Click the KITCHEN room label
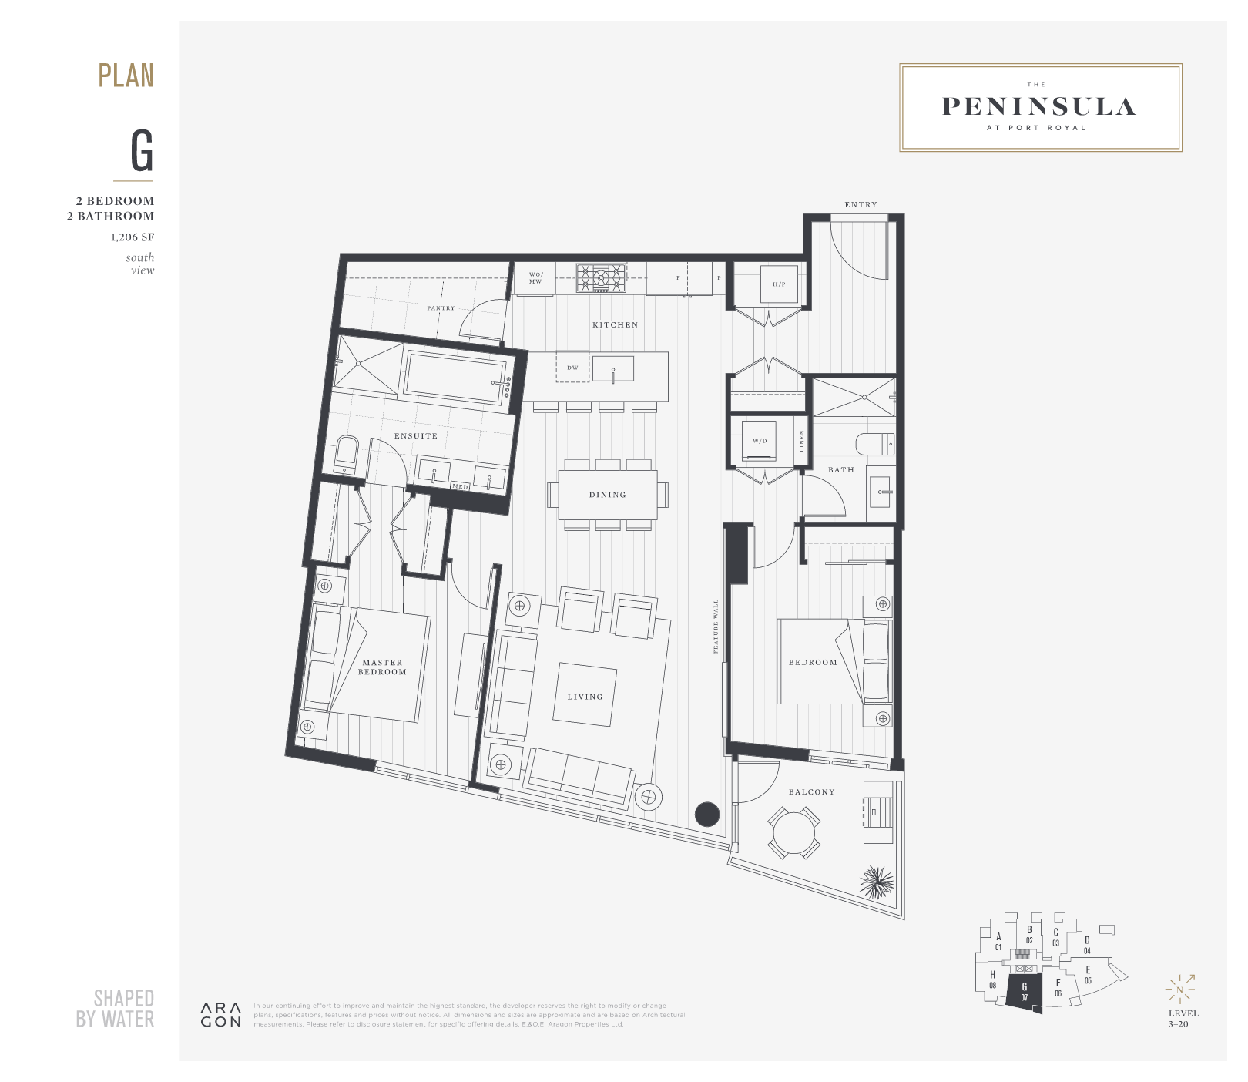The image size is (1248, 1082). coord(615,325)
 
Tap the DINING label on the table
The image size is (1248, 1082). coord(607,495)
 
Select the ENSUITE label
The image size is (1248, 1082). coord(415,436)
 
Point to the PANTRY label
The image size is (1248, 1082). coord(441,308)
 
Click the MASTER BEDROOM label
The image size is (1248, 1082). coord(382,667)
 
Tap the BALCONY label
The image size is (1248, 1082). coord(811,792)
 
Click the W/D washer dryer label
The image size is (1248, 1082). coord(760,442)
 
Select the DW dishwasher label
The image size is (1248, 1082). coord(572,368)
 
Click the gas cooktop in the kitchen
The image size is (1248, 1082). coord(601,277)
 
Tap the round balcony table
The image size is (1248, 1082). coord(793,833)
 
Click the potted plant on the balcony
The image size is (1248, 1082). coord(876,882)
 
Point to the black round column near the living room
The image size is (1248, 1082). coord(707,815)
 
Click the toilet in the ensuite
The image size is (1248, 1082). coord(346,454)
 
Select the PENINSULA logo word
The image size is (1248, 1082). coord(1039,107)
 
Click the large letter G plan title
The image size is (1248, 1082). coord(142,151)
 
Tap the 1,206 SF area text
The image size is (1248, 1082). coord(132,237)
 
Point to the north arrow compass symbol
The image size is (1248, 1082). coord(1179,990)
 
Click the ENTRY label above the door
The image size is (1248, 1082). coord(861,205)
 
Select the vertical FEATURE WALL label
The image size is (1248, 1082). coord(716,627)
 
